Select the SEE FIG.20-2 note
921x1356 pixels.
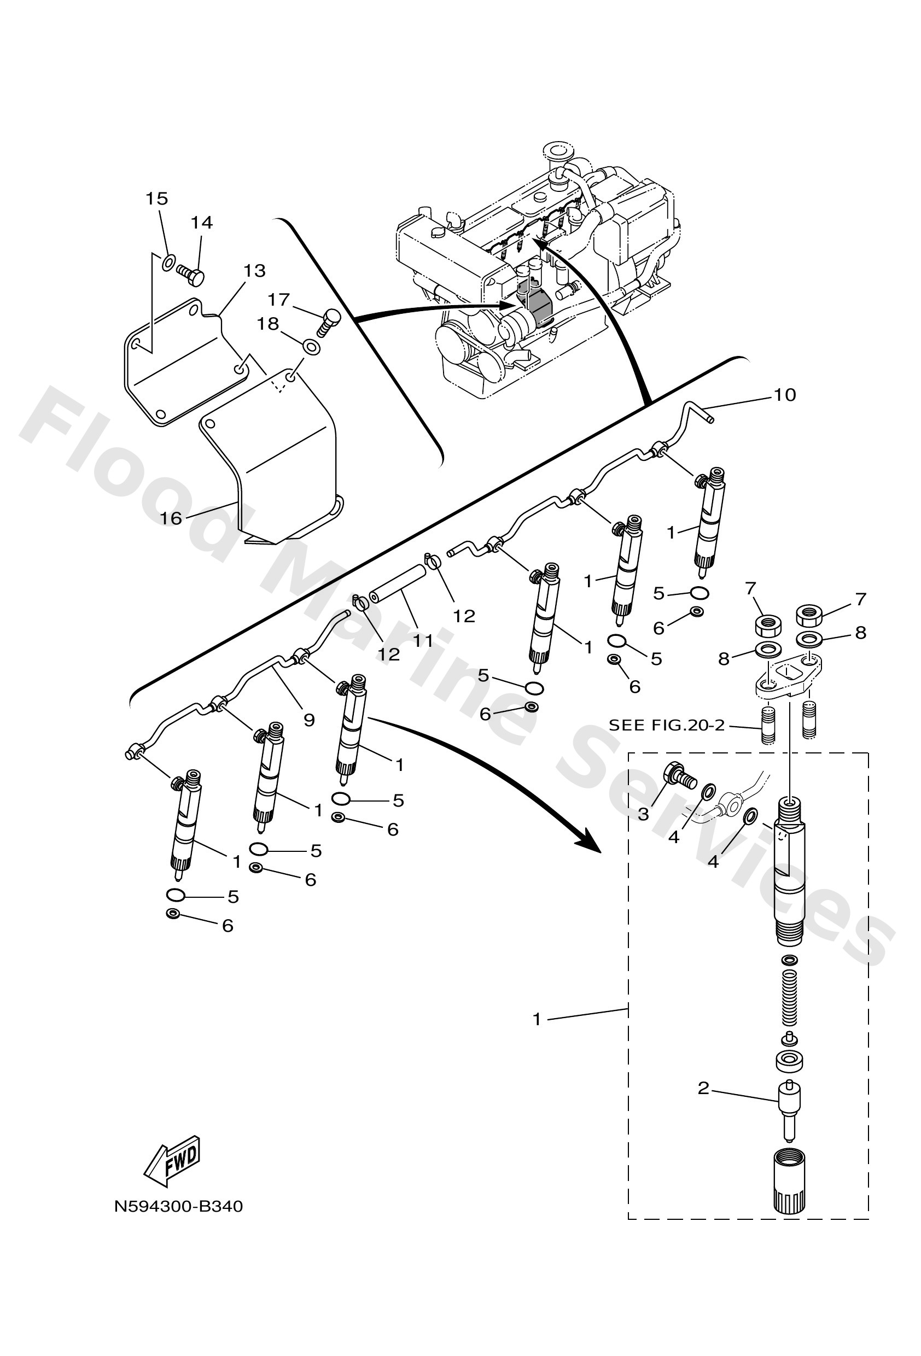pos(666,725)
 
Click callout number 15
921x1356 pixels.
pos(156,199)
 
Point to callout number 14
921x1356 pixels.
pos(201,223)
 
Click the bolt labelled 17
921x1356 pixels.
pos(329,320)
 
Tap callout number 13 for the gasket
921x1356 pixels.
pos(254,271)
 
